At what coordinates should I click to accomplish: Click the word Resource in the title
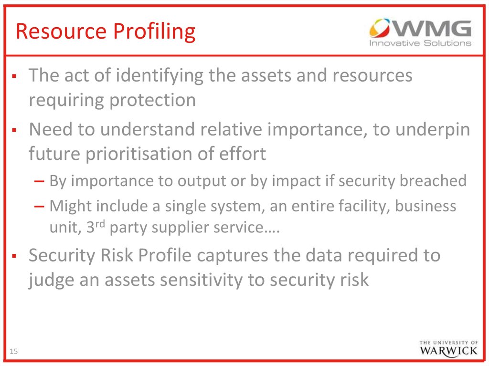coord(61,31)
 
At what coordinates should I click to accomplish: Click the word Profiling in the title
coord(154,32)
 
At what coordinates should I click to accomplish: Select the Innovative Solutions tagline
coord(420,43)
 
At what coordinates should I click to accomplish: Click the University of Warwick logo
coord(448,348)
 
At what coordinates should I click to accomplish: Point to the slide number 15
coord(14,351)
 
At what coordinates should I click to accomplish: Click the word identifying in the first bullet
coord(159,76)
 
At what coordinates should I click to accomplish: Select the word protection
coord(152,101)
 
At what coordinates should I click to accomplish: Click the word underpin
coord(433,130)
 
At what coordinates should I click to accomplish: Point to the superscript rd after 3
coord(100,224)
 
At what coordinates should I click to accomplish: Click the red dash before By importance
coord(39,181)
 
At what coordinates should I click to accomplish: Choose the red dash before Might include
coord(39,206)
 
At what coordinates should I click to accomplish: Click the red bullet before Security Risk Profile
coord(14,256)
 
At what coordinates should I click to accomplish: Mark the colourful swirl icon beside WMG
coord(380,28)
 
